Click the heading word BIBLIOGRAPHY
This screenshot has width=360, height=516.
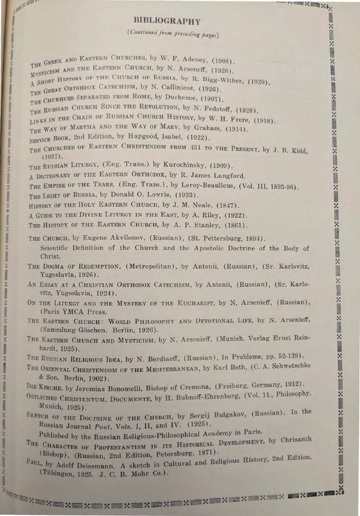pos(166,22)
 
